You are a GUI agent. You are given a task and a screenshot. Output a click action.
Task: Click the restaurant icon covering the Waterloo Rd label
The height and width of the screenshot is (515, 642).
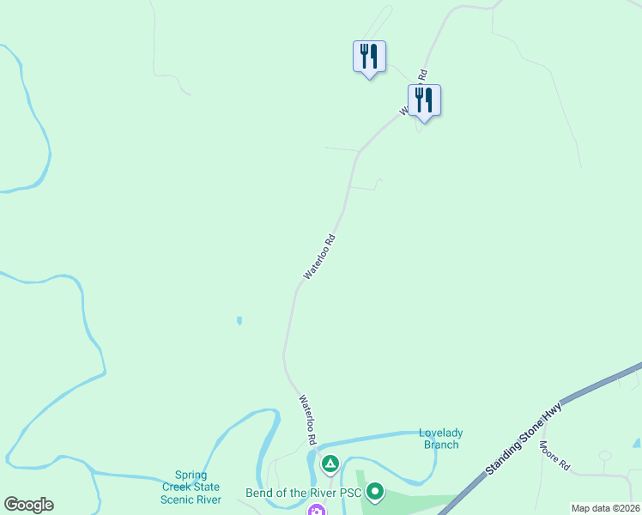[424, 100]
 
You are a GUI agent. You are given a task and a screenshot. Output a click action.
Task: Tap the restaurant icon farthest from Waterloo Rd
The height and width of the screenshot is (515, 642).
[369, 57]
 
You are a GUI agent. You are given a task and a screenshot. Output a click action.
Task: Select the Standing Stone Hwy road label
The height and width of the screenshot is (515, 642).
[524, 438]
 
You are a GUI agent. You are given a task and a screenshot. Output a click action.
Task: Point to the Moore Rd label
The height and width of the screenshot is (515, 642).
[554, 457]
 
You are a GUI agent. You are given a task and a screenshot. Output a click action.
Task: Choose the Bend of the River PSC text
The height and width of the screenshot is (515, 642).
[303, 494]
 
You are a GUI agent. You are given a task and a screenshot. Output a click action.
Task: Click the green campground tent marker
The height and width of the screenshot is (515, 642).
[330, 464]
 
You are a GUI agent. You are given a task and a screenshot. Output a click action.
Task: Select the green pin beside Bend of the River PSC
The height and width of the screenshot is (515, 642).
[375, 492]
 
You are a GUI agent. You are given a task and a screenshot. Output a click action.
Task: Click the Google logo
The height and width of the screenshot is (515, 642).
[28, 505]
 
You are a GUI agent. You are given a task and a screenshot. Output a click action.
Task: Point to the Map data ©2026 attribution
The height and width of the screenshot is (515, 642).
[604, 508]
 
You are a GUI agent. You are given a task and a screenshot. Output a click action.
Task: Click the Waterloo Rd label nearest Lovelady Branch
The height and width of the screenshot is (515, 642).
[307, 419]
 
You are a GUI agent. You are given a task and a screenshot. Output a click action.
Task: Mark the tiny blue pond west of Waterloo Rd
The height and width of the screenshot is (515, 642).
[239, 321]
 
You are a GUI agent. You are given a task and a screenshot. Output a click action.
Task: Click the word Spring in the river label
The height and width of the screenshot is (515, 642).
[191, 475]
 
